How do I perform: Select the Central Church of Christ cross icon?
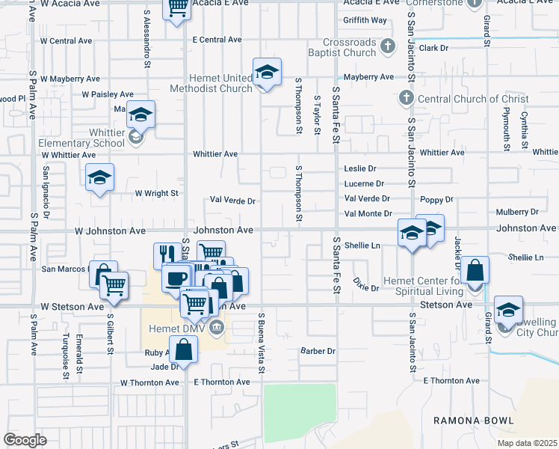pos(405,98)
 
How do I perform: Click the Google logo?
pos(25,440)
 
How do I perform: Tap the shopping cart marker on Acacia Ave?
pos(177,8)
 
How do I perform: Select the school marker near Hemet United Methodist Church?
pos(266,73)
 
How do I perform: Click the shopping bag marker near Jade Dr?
pos(183,349)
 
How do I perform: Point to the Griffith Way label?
pos(365,20)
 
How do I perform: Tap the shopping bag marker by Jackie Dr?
pos(475,270)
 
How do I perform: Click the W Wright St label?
pos(157,193)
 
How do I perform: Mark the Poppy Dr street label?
pos(436,200)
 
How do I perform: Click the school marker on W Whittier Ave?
pos(99,178)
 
